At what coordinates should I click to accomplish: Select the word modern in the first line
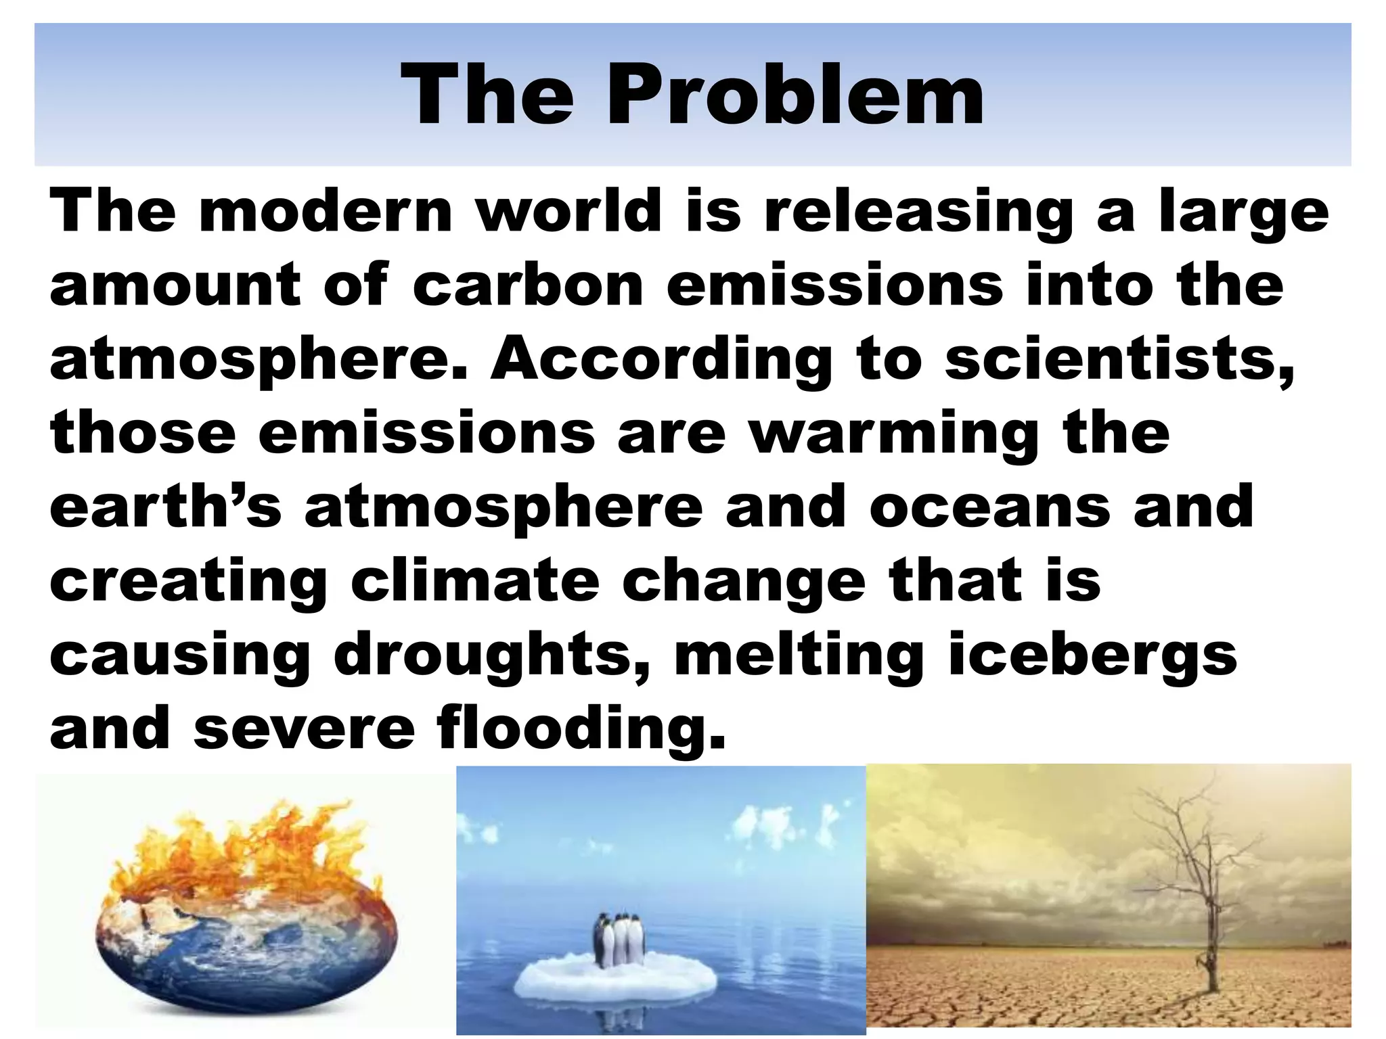(x=326, y=211)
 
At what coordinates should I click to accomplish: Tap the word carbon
(x=527, y=285)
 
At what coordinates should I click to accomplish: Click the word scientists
(x=1119, y=359)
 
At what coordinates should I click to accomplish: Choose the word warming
(x=893, y=434)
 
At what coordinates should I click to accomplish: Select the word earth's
(x=165, y=507)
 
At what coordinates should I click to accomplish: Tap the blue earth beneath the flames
(x=244, y=961)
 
